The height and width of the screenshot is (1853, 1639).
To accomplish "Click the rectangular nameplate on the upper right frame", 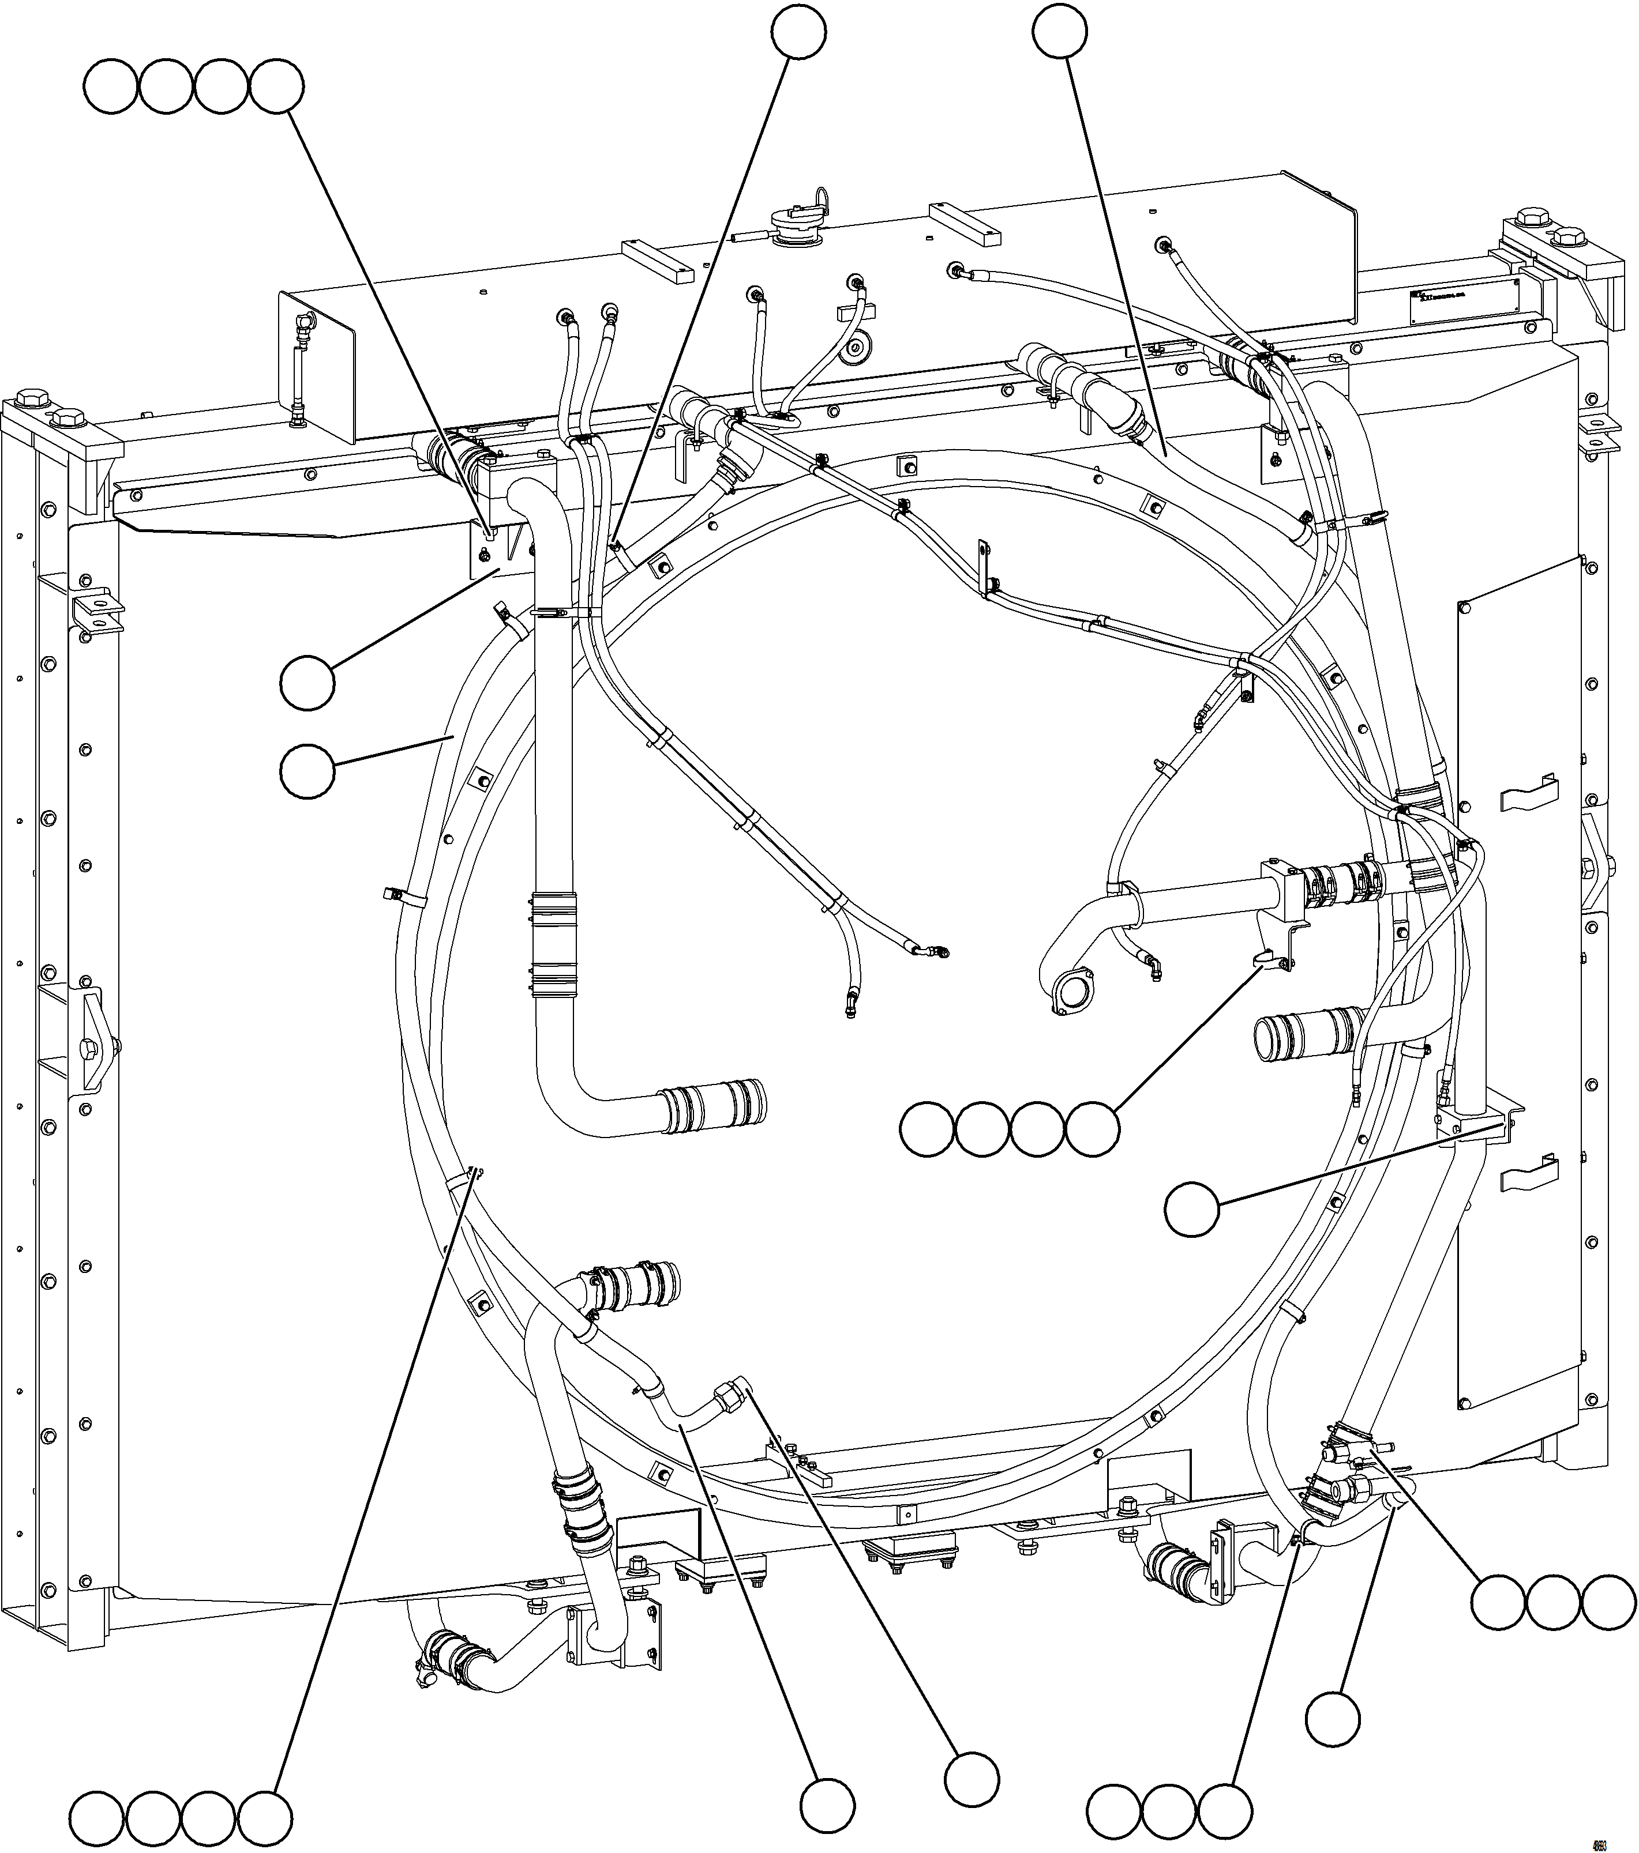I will pos(1464,302).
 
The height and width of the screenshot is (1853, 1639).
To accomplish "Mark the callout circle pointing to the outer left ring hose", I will pos(307,771).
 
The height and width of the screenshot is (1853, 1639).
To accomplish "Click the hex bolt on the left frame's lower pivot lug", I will pos(88,1050).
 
